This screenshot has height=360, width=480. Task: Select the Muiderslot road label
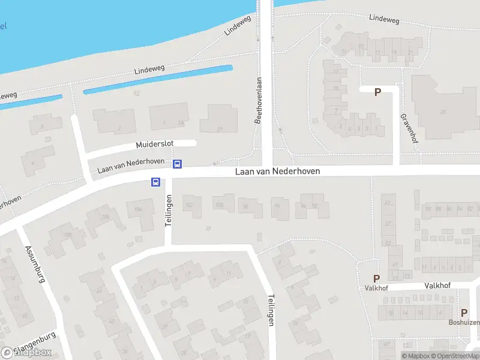155,145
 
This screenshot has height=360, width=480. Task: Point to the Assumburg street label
35,264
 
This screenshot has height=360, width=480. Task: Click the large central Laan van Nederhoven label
277,172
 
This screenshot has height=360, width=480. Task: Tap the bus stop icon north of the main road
178,164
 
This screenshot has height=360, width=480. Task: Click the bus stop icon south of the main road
155,182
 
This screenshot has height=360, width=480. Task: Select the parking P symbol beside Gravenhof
377,92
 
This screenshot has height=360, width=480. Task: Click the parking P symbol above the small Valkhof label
377,278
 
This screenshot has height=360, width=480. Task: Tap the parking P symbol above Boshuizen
464,313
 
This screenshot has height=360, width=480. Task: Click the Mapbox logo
27,352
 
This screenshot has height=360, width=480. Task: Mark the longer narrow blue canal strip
157,79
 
